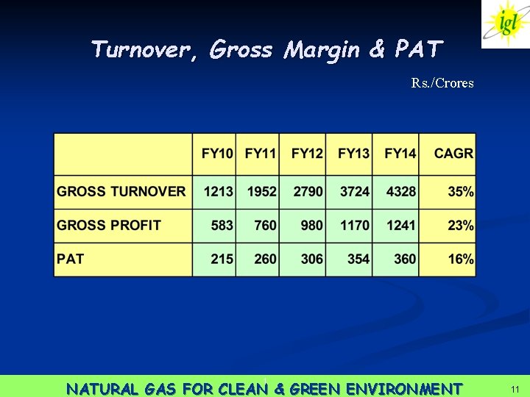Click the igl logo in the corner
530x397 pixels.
tap(506, 24)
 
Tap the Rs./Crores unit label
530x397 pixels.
tap(442, 83)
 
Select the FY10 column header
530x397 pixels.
tap(217, 154)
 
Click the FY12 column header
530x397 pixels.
tap(307, 154)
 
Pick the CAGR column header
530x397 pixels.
tap(453, 154)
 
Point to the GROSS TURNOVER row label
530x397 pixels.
tap(121, 191)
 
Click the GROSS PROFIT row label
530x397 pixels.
tap(109, 225)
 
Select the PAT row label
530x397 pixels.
tap(71, 259)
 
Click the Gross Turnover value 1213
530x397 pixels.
tap(219, 191)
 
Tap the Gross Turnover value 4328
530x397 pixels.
tap(400, 191)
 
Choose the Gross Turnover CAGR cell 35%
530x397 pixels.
tap(461, 191)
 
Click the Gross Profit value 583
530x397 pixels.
tap(222, 225)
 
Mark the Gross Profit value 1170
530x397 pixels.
tap(355, 225)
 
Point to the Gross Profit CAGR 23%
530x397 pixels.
tap(461, 225)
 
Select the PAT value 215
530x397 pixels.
tap(222, 259)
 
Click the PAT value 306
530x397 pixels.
tap(311, 259)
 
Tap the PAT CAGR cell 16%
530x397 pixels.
tap(461, 259)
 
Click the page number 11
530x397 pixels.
tap(515, 388)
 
